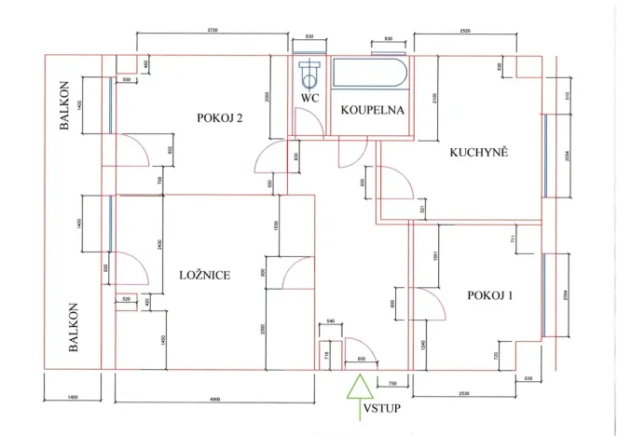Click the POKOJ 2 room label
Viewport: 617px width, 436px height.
pos(220,118)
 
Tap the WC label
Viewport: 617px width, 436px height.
pos(310,97)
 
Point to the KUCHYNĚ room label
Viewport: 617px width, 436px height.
pos(477,154)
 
